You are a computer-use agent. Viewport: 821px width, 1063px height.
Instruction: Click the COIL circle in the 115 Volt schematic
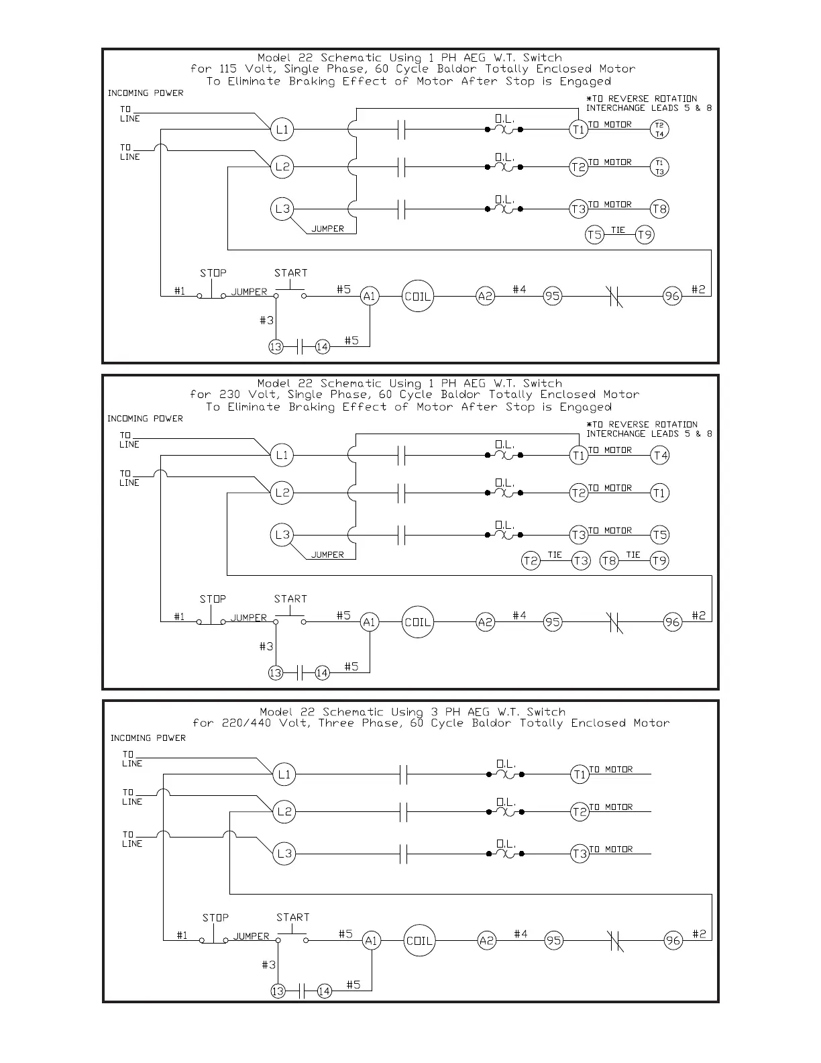pyautogui.click(x=417, y=297)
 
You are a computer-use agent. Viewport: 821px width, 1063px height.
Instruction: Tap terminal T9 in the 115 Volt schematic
pyautogui.click(x=645, y=235)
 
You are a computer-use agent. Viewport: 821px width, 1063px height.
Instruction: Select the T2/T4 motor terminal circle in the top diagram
pyautogui.click(x=659, y=130)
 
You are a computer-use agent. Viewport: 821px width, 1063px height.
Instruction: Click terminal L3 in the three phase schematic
pyautogui.click(x=284, y=854)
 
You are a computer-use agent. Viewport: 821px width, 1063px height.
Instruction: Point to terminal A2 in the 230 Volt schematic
pyautogui.click(x=485, y=622)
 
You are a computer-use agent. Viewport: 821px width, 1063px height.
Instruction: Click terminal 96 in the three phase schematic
pyautogui.click(x=673, y=941)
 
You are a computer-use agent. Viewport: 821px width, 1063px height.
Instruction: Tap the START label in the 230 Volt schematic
pyautogui.click(x=290, y=599)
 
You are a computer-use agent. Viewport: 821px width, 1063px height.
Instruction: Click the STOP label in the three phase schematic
pyautogui.click(x=215, y=917)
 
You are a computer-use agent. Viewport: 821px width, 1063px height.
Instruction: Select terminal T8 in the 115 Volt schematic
pyautogui.click(x=659, y=209)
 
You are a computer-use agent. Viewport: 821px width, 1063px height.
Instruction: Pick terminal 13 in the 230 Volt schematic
pyautogui.click(x=276, y=672)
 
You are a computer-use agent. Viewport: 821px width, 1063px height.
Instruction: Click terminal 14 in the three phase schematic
pyautogui.click(x=325, y=991)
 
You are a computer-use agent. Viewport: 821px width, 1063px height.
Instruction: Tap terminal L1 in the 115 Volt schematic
pyautogui.click(x=282, y=130)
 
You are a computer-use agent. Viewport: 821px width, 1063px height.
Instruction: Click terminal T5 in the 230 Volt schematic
pyautogui.click(x=660, y=535)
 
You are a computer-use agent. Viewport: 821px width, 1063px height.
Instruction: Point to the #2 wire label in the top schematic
pyautogui.click(x=698, y=289)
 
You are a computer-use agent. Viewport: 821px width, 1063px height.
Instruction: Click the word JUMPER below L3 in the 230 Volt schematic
pyautogui.click(x=327, y=555)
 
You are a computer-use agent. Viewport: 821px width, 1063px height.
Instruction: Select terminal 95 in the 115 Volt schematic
pyautogui.click(x=552, y=297)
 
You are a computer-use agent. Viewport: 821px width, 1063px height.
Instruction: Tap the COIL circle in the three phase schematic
pyautogui.click(x=419, y=941)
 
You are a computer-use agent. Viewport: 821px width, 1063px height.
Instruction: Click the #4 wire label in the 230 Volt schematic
pyautogui.click(x=520, y=615)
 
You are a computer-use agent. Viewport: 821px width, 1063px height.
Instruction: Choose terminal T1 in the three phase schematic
pyautogui.click(x=580, y=774)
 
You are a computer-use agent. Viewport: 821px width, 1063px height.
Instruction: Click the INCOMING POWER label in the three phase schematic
pyautogui.click(x=148, y=738)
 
